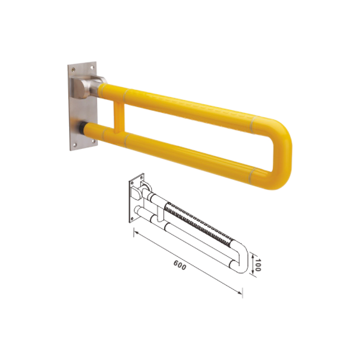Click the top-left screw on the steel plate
73,69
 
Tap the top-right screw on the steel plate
92,67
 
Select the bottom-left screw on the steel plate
75,144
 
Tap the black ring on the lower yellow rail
82,127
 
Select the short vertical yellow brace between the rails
118,118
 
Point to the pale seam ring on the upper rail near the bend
253,125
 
